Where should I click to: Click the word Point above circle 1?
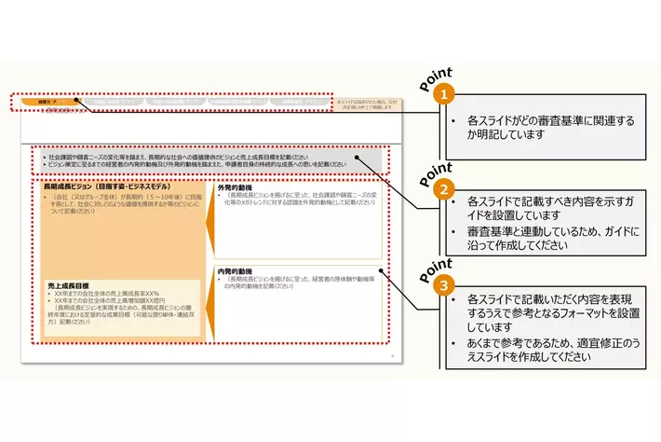[x=436, y=78]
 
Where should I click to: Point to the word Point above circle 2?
[x=436, y=171]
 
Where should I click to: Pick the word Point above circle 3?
[x=436, y=266]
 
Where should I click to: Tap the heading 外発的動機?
[x=236, y=187]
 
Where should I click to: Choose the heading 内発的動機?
[x=236, y=272]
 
